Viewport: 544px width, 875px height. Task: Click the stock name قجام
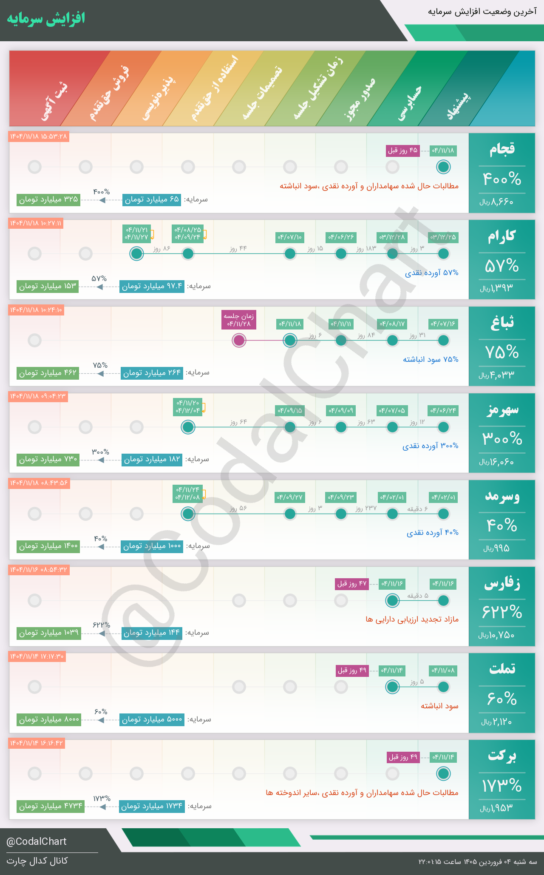(x=502, y=149)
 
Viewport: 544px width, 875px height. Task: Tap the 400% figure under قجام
(x=502, y=179)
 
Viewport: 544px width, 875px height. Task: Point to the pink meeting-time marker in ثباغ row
(x=239, y=340)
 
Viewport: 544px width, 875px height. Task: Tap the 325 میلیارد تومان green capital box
(x=48, y=199)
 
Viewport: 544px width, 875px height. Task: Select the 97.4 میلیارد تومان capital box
(x=152, y=286)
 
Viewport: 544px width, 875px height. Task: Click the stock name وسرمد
(x=502, y=497)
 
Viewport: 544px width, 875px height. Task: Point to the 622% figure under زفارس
(x=502, y=612)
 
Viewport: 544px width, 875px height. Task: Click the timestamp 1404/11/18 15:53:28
(x=39, y=136)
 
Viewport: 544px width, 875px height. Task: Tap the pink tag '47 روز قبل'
(x=352, y=584)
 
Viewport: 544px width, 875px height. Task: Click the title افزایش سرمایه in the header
(x=46, y=19)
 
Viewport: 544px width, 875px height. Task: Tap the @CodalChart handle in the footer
(x=37, y=841)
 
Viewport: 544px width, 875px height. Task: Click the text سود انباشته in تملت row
(x=439, y=706)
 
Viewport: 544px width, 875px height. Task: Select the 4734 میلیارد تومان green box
(x=51, y=806)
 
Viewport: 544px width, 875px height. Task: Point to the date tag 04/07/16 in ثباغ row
(x=443, y=324)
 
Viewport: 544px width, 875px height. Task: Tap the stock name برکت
(x=502, y=756)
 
